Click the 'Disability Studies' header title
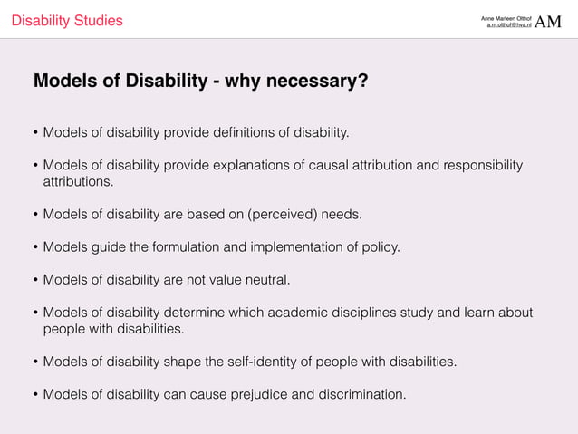pos(67,21)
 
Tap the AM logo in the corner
pos(549,21)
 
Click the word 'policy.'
pos(380,246)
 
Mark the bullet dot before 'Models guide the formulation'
pos(36,246)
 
